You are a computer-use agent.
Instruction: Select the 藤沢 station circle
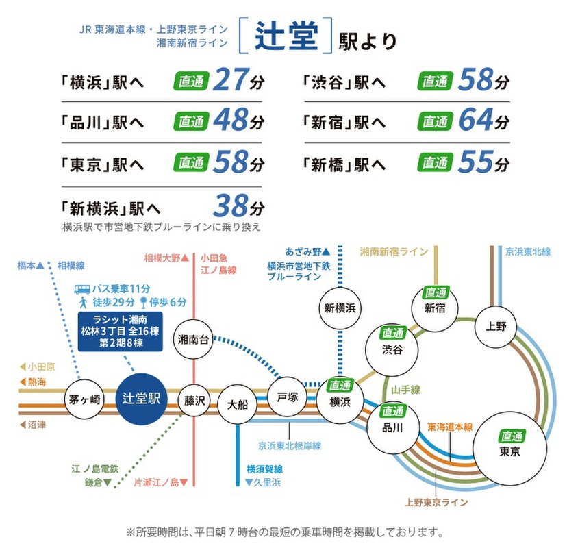(196, 399)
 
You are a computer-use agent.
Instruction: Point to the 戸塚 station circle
(288, 398)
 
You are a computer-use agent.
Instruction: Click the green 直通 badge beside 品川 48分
(191, 122)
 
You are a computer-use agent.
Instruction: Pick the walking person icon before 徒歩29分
(82, 302)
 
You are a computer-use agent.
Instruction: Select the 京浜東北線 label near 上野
(529, 252)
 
